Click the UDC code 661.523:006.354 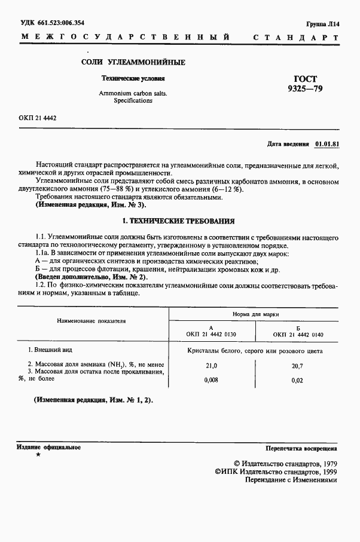tap(53, 23)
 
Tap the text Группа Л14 tap(322, 24)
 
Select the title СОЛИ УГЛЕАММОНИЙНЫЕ tap(133, 63)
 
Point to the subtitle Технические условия tap(133, 78)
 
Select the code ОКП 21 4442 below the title tap(37, 118)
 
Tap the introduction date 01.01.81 tap(327, 144)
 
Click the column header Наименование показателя tap(91, 321)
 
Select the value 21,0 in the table tap(212, 365)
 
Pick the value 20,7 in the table tap(297, 365)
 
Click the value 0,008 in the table tap(212, 379)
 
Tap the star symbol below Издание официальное tap(38, 455)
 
